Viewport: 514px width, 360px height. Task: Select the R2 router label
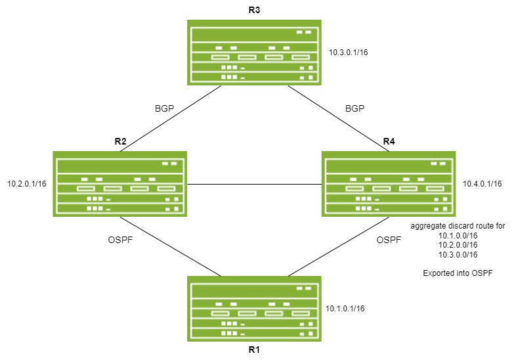pos(120,141)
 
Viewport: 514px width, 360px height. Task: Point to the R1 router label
pos(254,349)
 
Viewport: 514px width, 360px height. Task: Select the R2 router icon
pos(120,184)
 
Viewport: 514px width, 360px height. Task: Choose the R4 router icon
pos(389,184)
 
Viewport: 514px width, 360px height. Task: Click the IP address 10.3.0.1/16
pos(347,52)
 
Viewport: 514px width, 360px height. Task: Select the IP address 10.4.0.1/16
pos(482,184)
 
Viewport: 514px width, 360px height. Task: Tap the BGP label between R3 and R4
pos(354,108)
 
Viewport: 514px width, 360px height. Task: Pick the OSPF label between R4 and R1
pos(389,240)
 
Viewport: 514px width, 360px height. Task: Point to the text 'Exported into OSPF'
pos(458,272)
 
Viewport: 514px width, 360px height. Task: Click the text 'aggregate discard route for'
pos(458,226)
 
